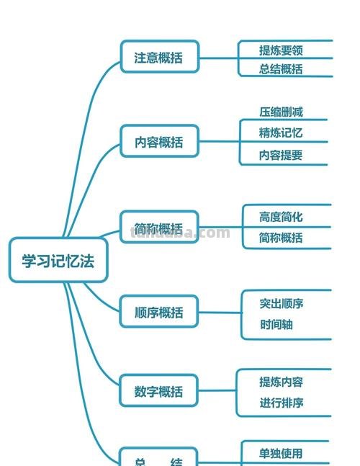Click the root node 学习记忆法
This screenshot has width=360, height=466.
click(x=58, y=260)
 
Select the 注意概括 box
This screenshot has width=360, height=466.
click(x=158, y=58)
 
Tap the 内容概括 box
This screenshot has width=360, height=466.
click(x=158, y=142)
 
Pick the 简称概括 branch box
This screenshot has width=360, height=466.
click(x=158, y=228)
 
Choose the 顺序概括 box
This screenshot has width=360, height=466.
click(x=158, y=313)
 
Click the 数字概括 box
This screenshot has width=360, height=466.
click(x=158, y=392)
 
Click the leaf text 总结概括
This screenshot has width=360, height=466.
click(x=281, y=68)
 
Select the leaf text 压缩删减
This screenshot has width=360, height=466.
click(x=281, y=112)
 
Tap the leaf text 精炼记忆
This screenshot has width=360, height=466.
click(x=281, y=133)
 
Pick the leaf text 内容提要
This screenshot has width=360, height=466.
click(x=281, y=154)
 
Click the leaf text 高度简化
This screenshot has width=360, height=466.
click(x=281, y=216)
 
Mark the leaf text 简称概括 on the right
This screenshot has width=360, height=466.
click(x=281, y=237)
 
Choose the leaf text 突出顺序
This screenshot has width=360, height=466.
click(x=282, y=303)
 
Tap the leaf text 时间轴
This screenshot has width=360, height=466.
click(x=276, y=324)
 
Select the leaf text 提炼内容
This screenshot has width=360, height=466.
click(x=282, y=382)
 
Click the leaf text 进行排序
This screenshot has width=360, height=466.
click(x=282, y=403)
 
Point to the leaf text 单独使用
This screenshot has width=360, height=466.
click(x=281, y=453)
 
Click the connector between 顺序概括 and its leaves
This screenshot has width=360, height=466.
click(x=220, y=313)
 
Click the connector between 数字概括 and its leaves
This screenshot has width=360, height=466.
click(x=217, y=391)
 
